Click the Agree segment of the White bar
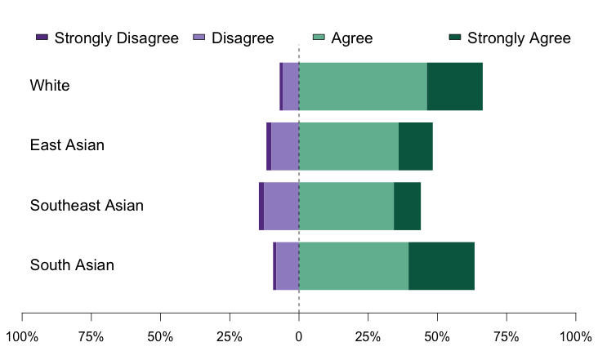(363, 87)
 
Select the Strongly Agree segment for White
(454, 87)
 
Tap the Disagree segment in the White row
(290, 87)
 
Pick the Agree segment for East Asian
(349, 146)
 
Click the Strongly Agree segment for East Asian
(415, 146)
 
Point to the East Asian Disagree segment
(284, 146)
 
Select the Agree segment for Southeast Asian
(346, 207)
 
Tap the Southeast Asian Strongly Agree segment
(407, 207)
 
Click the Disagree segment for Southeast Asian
(281, 207)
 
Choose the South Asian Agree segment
(354, 266)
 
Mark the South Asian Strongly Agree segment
(441, 266)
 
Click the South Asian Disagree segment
(288, 266)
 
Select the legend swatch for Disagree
(199, 38)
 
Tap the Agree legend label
(352, 38)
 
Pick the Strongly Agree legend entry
(518, 38)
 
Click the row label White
(50, 86)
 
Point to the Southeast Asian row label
(87, 206)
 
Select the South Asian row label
(72, 265)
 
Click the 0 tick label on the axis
(299, 337)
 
